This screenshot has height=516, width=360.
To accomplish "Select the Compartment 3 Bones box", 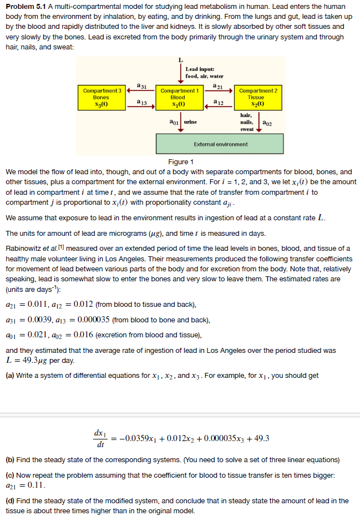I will click(102, 98).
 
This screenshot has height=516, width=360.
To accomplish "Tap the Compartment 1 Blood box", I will click(179, 98).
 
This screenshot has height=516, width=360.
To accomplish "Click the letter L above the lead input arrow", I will click(180, 60).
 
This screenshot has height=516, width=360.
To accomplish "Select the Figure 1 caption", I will click(180, 162).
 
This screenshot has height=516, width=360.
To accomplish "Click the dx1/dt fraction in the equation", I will click(100, 438).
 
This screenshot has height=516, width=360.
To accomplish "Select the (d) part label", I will click(11, 500).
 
